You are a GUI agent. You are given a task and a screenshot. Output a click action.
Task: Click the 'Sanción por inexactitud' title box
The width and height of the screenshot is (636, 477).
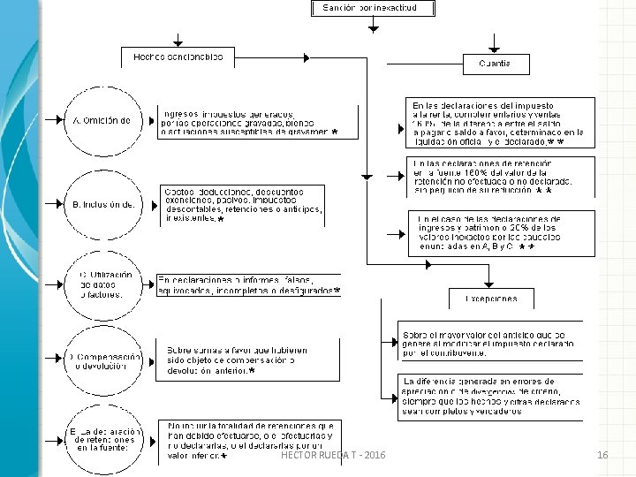pos(373,9)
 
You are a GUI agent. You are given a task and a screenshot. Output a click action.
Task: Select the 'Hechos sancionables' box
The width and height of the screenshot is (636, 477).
pos(178,57)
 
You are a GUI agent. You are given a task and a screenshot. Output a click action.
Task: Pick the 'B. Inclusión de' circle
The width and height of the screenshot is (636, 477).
pos(102,204)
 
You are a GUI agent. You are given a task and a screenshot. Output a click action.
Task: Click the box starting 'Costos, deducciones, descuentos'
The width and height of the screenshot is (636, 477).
pos(257,204)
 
